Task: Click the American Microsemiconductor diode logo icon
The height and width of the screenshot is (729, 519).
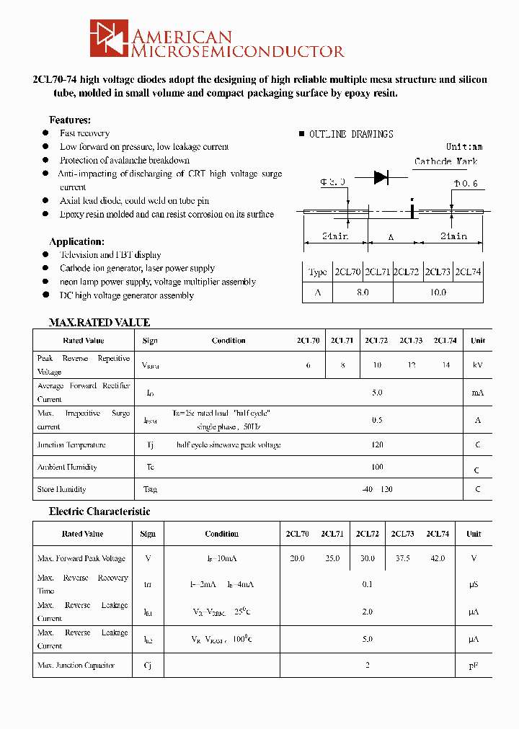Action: coord(109,38)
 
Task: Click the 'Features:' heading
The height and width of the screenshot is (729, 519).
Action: coord(70,120)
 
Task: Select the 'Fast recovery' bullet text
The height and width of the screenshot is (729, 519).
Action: coord(84,133)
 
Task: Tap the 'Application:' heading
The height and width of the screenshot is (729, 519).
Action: coord(76,241)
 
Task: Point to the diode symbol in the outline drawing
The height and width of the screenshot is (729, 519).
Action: coord(381,177)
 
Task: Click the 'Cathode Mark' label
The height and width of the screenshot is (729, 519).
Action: coord(445,161)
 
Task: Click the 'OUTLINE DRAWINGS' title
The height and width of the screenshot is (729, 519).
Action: coord(351,135)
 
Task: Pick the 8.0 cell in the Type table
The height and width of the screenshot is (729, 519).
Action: coord(362,292)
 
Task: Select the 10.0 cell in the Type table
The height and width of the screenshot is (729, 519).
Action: coord(438,292)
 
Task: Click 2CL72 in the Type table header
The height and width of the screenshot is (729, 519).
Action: coord(407,272)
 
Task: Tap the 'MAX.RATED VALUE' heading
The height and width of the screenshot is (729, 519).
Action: coord(99,323)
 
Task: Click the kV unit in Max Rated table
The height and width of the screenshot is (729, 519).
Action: coord(477,365)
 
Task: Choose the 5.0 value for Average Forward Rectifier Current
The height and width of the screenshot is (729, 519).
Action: coord(377,393)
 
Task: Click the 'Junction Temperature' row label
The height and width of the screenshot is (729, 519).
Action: coord(71,445)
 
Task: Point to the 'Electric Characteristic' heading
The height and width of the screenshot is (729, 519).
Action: coord(99,511)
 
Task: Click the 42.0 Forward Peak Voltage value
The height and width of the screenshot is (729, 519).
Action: coord(438,558)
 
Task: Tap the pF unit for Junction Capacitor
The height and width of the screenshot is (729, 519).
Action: coord(474,666)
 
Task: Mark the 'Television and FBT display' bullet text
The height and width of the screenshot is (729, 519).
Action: coord(110,255)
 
